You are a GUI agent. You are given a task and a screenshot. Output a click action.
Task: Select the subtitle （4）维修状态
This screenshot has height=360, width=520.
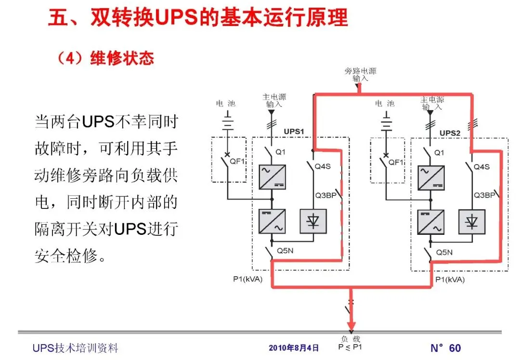click(x=105, y=58)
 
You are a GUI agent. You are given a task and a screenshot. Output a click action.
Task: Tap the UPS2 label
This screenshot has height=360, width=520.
click(x=450, y=132)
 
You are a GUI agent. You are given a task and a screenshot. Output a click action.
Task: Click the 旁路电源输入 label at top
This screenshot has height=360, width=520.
click(x=360, y=74)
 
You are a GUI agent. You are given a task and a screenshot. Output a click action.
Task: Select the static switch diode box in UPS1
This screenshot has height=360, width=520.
click(x=313, y=221)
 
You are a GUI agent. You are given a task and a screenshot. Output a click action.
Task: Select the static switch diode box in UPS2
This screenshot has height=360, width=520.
click(x=472, y=221)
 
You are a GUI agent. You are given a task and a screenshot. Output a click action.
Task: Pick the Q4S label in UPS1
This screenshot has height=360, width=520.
click(x=323, y=167)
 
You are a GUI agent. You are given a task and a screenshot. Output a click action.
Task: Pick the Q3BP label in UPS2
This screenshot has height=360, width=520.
click(x=484, y=195)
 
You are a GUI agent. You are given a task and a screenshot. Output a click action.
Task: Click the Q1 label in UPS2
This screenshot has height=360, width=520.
click(x=439, y=153)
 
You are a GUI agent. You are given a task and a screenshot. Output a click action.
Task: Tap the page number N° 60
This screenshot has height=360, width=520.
click(x=445, y=348)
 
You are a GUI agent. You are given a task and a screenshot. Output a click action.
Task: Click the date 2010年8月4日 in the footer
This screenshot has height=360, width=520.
click(x=294, y=347)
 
